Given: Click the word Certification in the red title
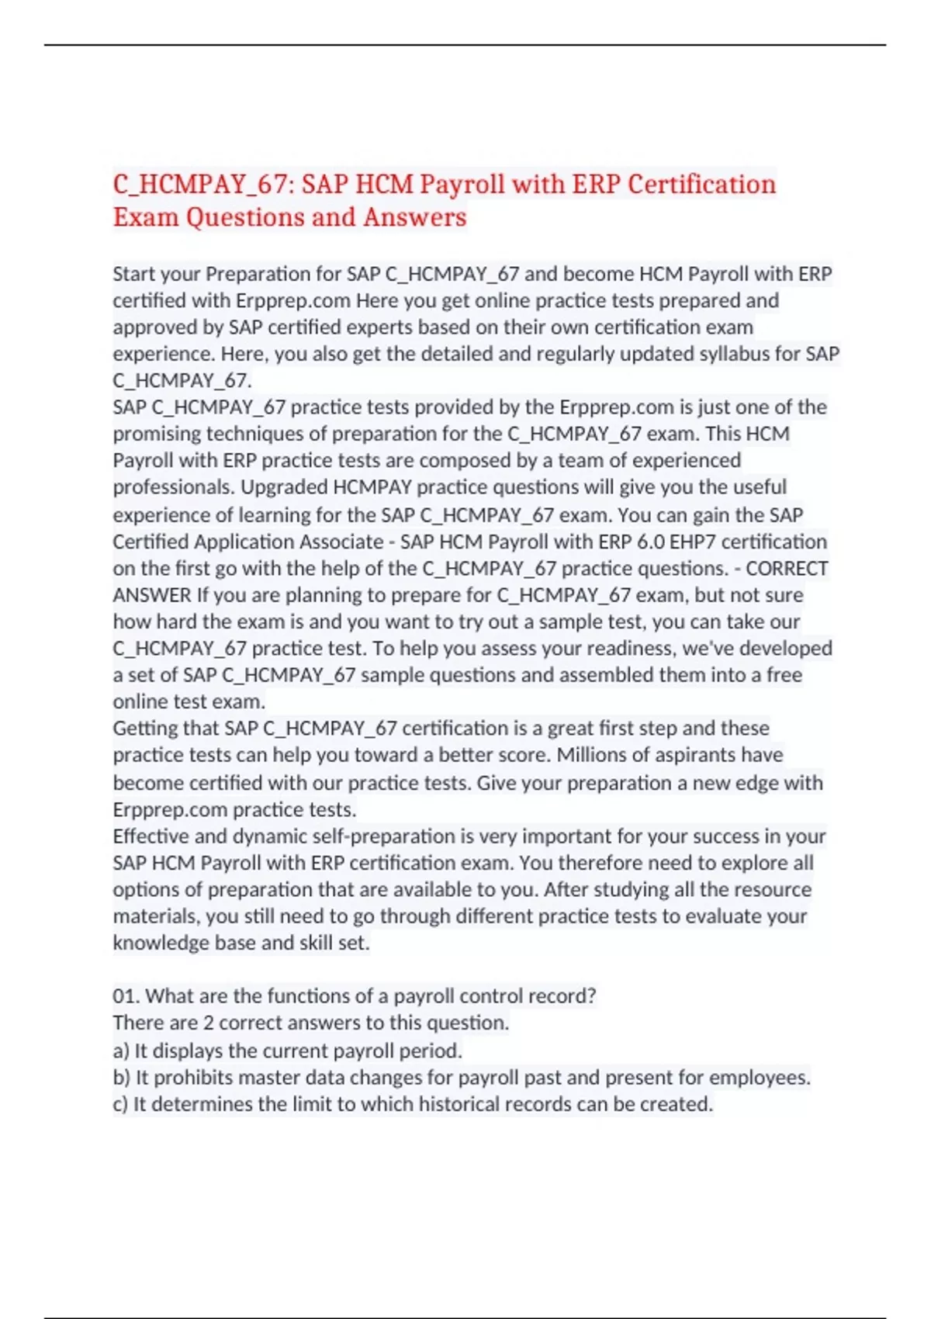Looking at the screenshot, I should click(x=701, y=185).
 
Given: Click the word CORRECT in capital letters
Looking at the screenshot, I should click(x=787, y=569).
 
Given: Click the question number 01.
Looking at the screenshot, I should click(x=125, y=996).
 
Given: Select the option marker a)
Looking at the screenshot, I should click(x=121, y=1051).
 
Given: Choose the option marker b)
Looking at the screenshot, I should click(x=121, y=1078).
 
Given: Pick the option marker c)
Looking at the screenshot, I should click(x=120, y=1104).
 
